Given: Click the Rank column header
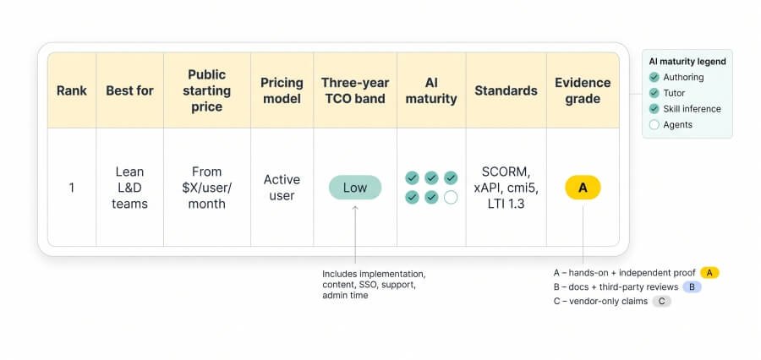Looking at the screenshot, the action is tap(72, 90).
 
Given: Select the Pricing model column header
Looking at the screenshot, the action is tap(282, 90).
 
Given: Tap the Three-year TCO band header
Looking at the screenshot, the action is tap(355, 90).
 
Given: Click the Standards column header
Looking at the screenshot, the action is tap(506, 90).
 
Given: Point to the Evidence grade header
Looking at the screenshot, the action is tap(583, 90).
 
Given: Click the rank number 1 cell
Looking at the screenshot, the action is tap(72, 188).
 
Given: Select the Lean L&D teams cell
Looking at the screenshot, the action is tap(129, 188).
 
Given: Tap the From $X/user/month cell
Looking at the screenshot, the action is tap(207, 188).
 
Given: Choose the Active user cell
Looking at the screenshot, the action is tap(282, 188).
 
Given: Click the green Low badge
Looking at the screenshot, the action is tap(355, 188).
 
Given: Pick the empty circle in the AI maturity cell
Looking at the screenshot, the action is tap(451, 198).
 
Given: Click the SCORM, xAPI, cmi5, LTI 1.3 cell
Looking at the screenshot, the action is tap(506, 188).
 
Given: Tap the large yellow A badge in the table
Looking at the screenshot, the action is tap(583, 188).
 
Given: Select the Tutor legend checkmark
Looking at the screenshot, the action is tap(654, 93).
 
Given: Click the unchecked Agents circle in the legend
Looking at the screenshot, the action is tap(654, 125).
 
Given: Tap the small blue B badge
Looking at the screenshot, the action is tap(692, 286).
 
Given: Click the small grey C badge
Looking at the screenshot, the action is tap(661, 302).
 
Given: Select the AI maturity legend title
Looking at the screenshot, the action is tap(687, 62).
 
